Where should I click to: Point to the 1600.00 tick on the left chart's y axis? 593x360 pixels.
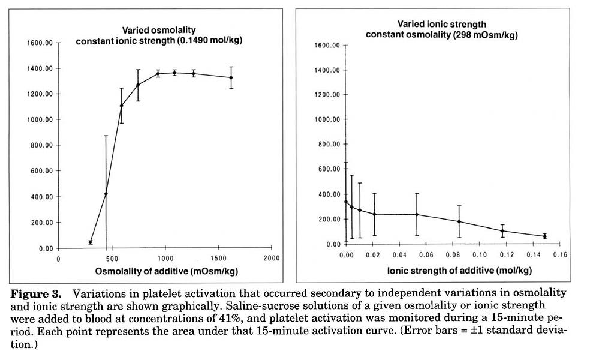41,43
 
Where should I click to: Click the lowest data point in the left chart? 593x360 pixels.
91,242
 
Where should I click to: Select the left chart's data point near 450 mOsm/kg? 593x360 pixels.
106,194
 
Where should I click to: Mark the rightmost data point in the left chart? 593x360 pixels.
231,77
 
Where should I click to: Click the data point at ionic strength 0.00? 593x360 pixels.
346,202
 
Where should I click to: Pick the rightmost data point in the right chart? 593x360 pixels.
544,236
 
